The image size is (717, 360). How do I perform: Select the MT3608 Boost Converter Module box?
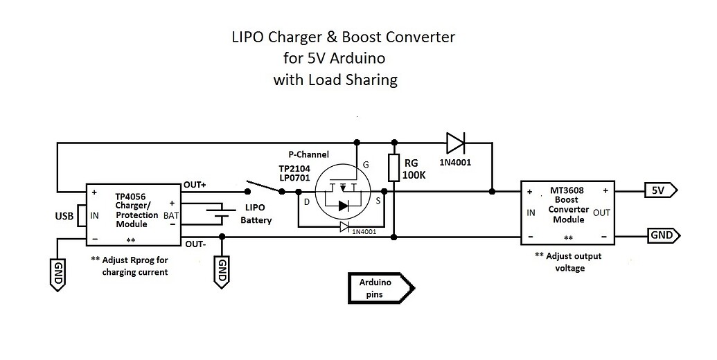pos(567,213)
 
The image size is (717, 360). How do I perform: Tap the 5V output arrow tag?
pos(661,190)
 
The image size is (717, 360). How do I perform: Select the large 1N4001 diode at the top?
pos(456,143)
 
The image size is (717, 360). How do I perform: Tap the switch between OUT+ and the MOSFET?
pos(262,190)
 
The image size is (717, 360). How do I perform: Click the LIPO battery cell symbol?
pos(221,215)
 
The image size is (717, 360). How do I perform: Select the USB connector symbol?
pos(80,215)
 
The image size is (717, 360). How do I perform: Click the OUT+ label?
pos(195,186)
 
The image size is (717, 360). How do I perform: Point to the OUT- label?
pos(195,244)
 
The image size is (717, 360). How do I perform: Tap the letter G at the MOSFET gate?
pos(366,165)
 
